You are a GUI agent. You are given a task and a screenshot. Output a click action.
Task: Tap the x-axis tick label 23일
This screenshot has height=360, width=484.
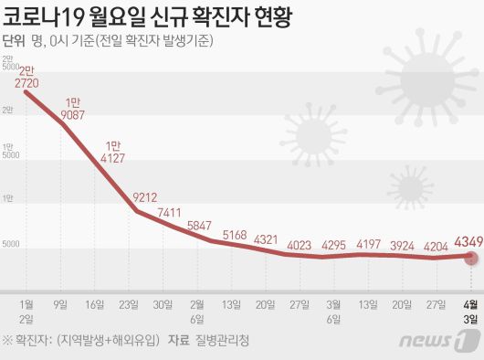pos(128,304)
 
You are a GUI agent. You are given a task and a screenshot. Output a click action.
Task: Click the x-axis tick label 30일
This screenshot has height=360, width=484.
pos(163,304)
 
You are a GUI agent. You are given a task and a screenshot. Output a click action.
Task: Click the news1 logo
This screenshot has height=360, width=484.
pos(450,341)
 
